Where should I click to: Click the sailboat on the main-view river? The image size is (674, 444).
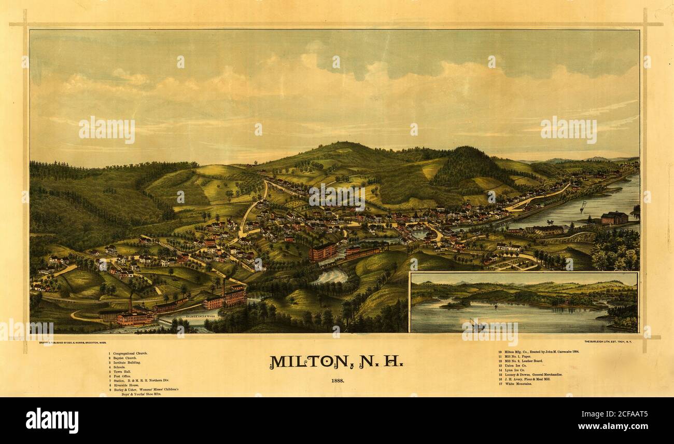pos(583,207)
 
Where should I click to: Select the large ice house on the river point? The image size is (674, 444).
pos(614,218)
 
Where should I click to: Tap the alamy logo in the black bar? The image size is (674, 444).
pos(52,420)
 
